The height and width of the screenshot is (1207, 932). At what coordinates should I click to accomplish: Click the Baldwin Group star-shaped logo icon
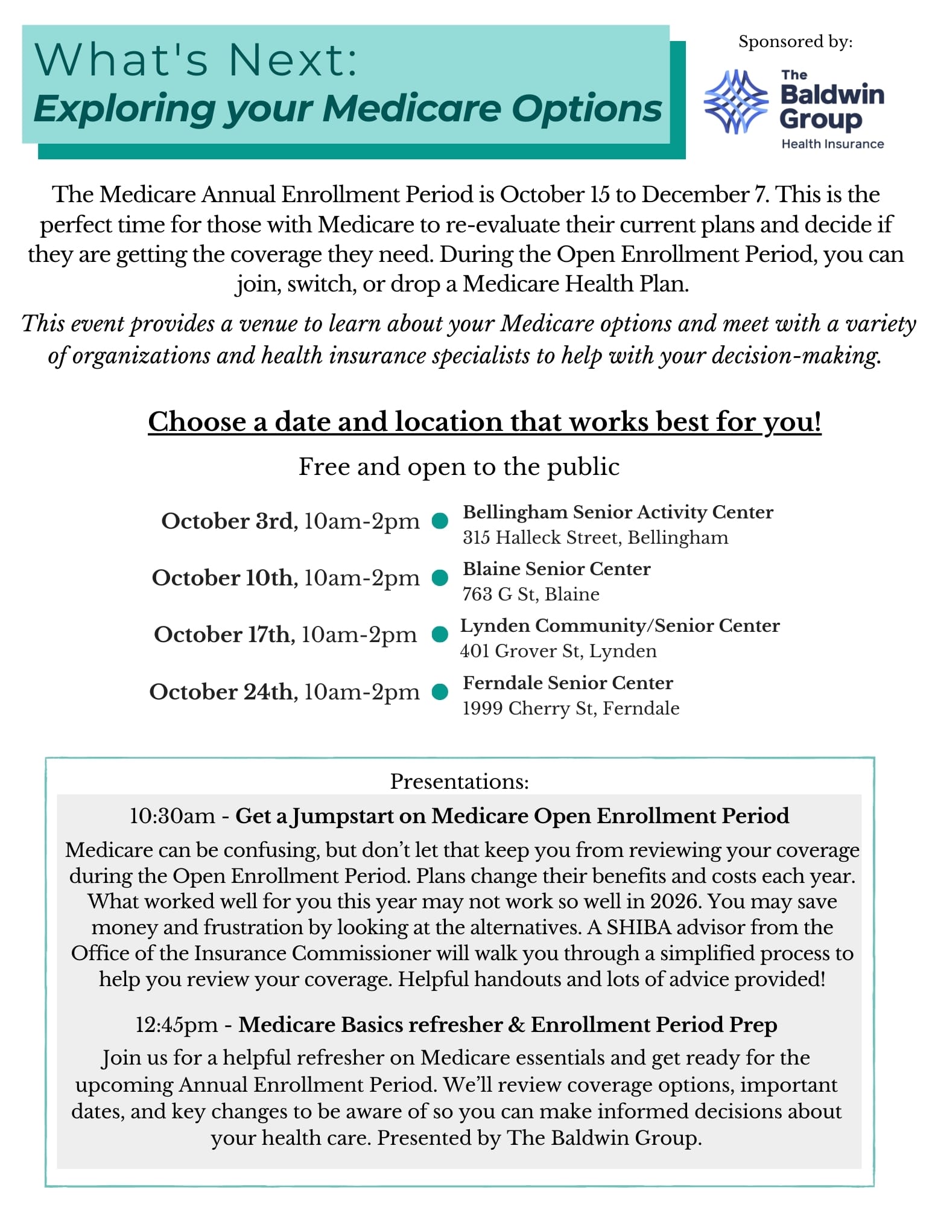(x=736, y=101)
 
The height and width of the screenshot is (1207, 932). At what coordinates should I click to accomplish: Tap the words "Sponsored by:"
(x=795, y=42)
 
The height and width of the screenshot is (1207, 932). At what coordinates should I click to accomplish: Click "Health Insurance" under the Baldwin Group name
(x=832, y=144)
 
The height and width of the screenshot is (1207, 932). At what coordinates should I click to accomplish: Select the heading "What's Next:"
(x=197, y=60)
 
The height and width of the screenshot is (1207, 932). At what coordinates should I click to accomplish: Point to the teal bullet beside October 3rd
(x=440, y=521)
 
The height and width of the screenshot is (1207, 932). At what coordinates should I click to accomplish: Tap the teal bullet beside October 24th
(x=440, y=692)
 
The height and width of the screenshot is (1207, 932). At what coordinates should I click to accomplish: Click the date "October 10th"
(x=222, y=578)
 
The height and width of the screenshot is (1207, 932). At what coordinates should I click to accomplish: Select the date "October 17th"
(x=222, y=634)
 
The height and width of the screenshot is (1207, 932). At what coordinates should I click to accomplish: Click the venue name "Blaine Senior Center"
(x=556, y=568)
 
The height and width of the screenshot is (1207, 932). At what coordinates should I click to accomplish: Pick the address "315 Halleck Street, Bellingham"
(x=595, y=537)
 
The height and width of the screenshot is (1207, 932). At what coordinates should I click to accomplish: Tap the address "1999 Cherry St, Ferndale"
(x=571, y=708)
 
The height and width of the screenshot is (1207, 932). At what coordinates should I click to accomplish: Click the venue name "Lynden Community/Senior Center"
(x=620, y=625)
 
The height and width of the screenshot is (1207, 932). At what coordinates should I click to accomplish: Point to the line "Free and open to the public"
(x=459, y=467)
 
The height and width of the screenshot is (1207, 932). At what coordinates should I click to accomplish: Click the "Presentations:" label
(x=459, y=781)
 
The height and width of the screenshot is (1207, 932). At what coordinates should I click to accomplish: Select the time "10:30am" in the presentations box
(x=172, y=815)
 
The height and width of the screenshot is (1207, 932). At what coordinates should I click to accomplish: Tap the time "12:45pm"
(x=176, y=1024)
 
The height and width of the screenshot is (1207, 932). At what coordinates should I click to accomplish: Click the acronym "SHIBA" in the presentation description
(x=639, y=926)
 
